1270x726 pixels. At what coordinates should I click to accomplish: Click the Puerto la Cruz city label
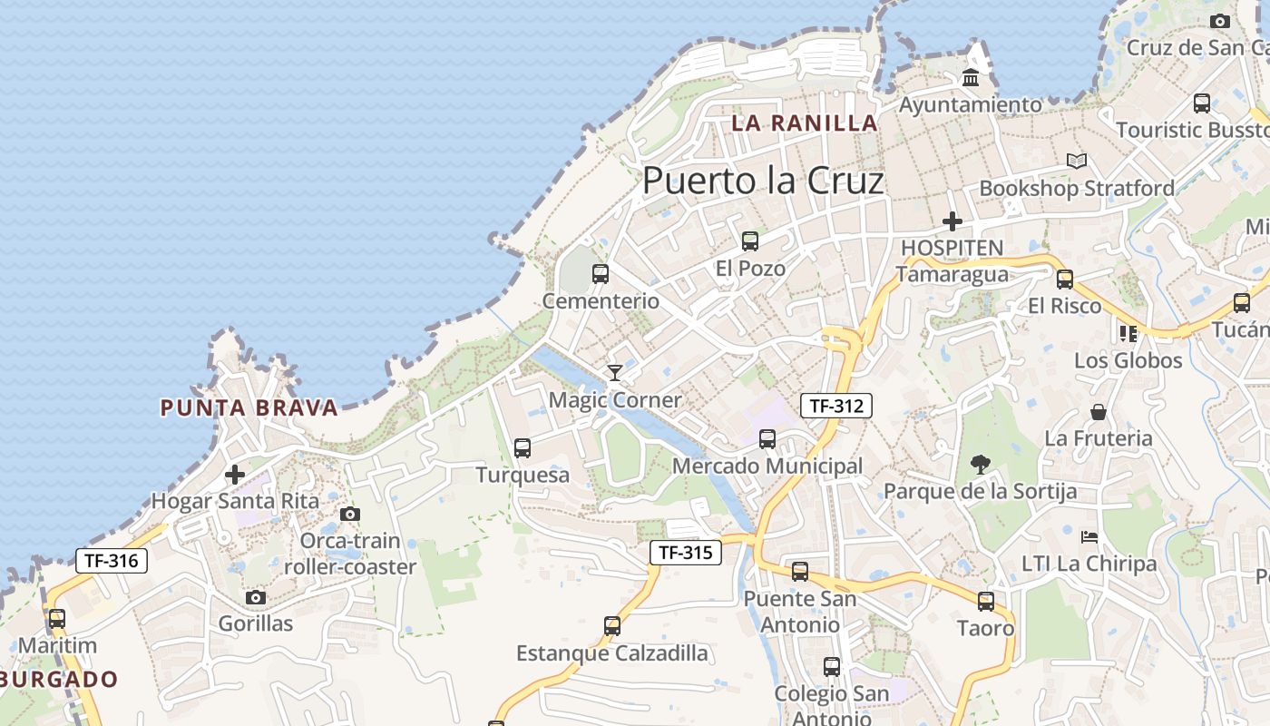(x=763, y=181)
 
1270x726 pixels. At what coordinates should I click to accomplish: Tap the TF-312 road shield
(x=835, y=406)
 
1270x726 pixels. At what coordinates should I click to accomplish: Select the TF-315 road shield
(x=685, y=552)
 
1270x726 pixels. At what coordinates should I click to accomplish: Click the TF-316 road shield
(x=111, y=561)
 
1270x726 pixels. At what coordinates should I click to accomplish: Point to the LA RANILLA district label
(x=805, y=123)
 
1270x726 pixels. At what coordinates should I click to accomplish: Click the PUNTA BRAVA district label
(x=249, y=408)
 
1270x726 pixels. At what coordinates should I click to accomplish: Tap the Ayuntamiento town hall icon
(x=971, y=78)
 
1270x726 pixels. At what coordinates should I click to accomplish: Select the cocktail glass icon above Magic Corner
(x=615, y=372)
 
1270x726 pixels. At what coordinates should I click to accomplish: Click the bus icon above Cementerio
(x=600, y=273)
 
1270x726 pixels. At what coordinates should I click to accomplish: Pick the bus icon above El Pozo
(x=749, y=240)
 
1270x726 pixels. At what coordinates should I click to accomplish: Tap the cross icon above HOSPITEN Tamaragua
(x=952, y=221)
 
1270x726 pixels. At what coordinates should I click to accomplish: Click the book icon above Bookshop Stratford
(x=1077, y=161)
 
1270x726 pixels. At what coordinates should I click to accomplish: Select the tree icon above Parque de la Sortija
(x=980, y=465)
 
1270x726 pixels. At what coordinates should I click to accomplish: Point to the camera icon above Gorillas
(x=256, y=597)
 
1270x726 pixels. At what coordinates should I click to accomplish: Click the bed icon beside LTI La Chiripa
(x=1090, y=537)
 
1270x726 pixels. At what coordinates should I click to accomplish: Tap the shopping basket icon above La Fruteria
(x=1099, y=412)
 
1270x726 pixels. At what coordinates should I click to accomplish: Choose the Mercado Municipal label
(x=767, y=466)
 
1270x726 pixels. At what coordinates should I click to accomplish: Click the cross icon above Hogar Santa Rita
(x=235, y=474)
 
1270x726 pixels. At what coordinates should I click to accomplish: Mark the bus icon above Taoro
(x=986, y=601)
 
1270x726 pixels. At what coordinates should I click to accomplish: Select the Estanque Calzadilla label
(x=612, y=653)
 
